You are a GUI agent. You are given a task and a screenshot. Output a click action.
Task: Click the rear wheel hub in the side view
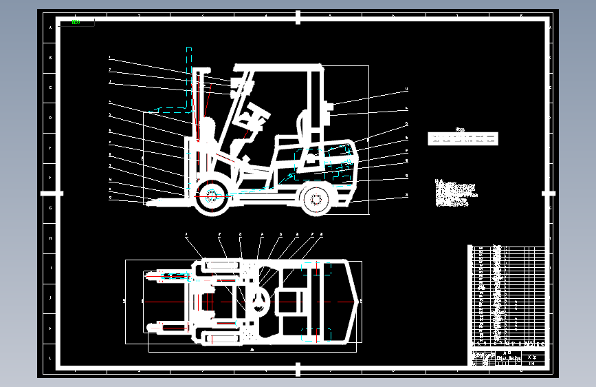316,199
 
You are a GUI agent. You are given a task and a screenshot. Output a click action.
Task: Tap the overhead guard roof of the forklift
278,67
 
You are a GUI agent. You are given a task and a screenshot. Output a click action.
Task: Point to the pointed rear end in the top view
358,301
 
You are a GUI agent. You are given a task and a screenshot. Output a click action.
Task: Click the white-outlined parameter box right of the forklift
463,138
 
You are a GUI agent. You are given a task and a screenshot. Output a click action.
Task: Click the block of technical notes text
454,192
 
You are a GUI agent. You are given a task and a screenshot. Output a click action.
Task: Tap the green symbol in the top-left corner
76,22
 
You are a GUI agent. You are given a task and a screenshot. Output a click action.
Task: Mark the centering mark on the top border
298,17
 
